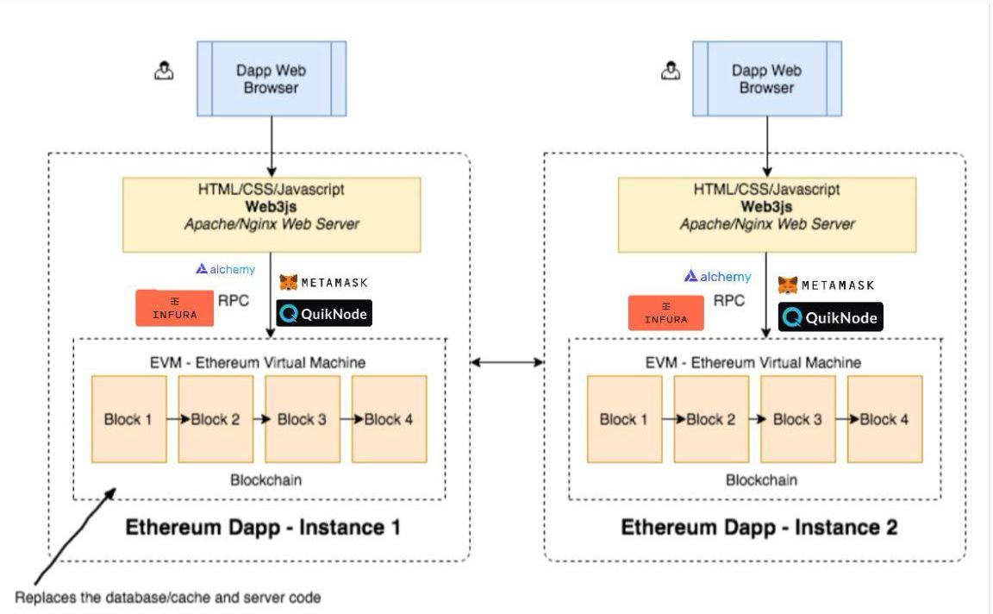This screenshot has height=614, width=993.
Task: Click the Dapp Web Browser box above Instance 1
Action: click(x=271, y=78)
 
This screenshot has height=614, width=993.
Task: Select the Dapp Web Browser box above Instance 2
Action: click(x=767, y=78)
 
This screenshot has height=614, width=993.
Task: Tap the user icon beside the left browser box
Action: click(x=164, y=71)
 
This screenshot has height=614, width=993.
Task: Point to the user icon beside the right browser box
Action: click(x=671, y=71)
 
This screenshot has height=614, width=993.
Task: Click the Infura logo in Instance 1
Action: click(x=174, y=308)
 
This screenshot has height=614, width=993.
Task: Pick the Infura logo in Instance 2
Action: click(x=665, y=313)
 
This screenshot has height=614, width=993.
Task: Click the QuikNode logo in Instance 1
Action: click(x=323, y=313)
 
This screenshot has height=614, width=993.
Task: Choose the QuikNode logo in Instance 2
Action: click(x=830, y=316)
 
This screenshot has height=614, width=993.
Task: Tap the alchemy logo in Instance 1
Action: click(x=226, y=269)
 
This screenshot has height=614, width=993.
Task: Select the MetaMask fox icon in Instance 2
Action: click(x=787, y=285)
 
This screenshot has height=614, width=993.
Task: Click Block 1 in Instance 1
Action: click(x=128, y=419)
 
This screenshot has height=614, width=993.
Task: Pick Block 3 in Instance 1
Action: click(x=302, y=419)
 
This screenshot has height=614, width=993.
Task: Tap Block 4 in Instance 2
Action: click(x=884, y=419)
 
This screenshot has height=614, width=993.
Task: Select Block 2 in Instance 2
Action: click(x=711, y=419)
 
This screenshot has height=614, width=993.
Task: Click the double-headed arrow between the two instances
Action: click(x=507, y=362)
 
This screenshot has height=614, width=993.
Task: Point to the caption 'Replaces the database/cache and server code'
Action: click(x=168, y=598)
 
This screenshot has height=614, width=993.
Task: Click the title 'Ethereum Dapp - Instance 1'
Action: click(x=263, y=527)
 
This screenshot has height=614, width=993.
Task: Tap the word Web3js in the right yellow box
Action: click(x=766, y=207)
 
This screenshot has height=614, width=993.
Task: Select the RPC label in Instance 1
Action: click(x=233, y=300)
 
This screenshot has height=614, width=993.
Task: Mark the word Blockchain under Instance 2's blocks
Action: click(x=761, y=479)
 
